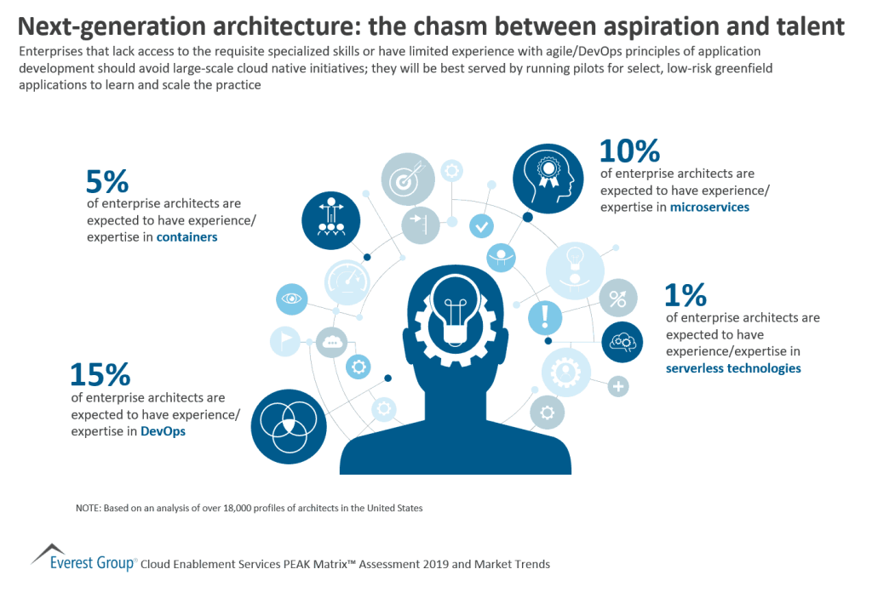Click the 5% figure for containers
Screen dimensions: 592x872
tap(107, 181)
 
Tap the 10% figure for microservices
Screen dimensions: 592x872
tap(630, 151)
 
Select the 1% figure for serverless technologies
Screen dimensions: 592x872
tap(686, 295)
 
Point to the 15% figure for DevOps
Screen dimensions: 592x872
tap(100, 374)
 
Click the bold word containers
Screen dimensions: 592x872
tap(186, 237)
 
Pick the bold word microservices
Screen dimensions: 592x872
tap(709, 207)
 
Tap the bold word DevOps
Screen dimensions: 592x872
tap(162, 431)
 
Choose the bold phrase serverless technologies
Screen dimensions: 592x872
tap(733, 368)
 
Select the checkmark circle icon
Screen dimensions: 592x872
tap(481, 226)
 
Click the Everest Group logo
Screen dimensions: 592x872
tap(82, 558)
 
